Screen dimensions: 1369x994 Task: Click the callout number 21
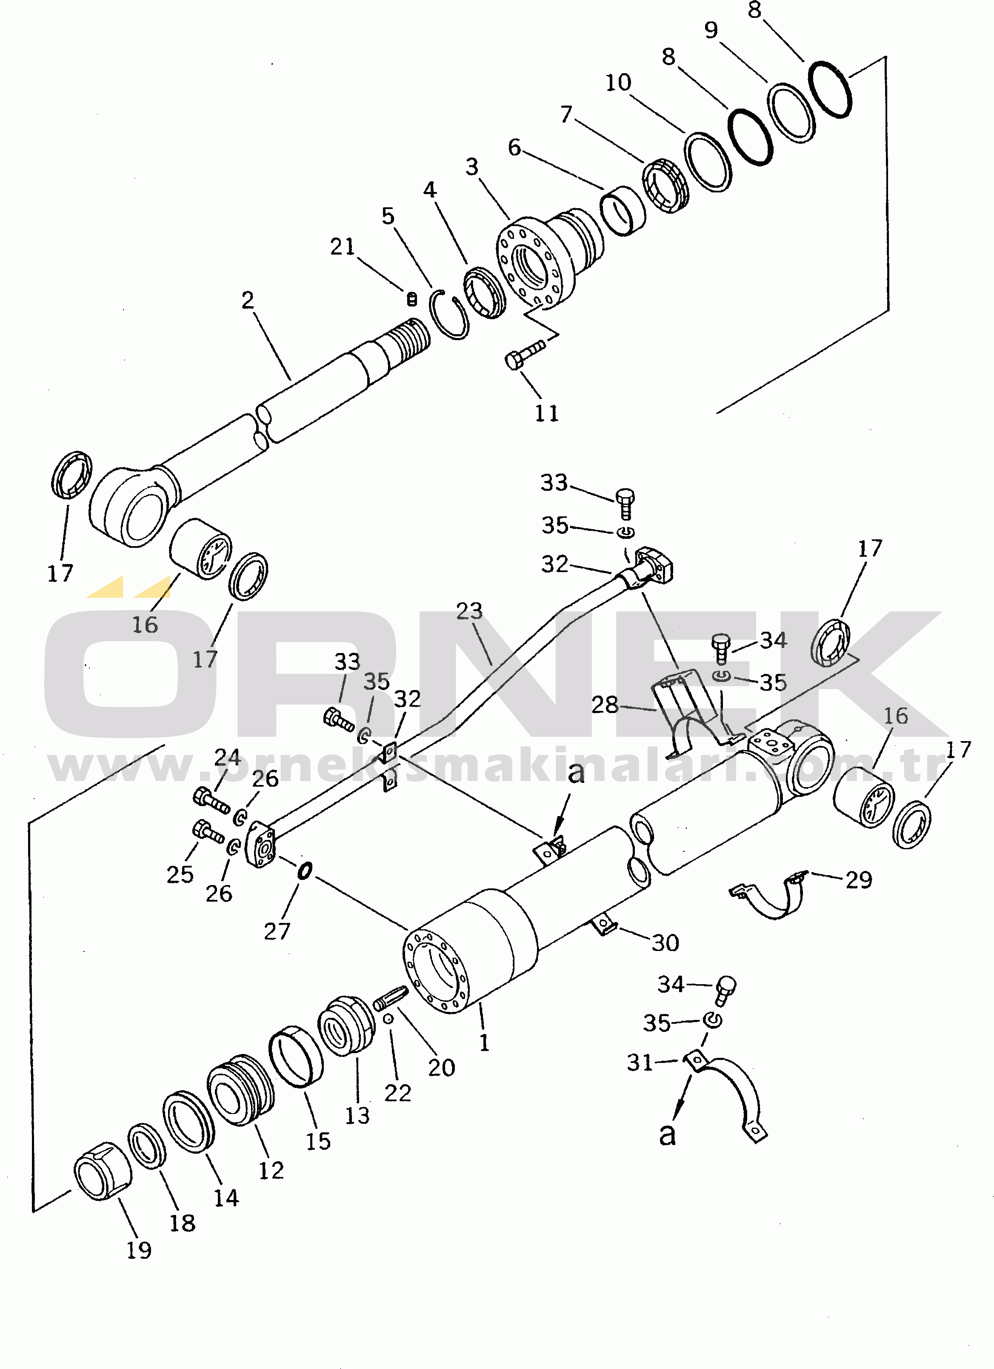click(x=342, y=246)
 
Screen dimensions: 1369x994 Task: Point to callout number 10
click(x=618, y=83)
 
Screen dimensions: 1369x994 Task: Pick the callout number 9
click(x=711, y=29)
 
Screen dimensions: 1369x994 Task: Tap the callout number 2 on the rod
click(x=248, y=300)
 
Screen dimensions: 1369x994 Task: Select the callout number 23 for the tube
click(x=469, y=611)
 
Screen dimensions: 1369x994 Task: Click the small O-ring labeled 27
click(x=305, y=871)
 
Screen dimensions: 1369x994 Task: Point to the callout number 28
click(x=604, y=705)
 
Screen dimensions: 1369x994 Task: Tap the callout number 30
click(x=665, y=943)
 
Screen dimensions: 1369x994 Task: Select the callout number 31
click(x=640, y=1063)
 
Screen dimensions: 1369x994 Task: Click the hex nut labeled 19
click(x=103, y=1171)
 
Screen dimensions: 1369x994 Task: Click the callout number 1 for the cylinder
click(x=484, y=1043)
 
